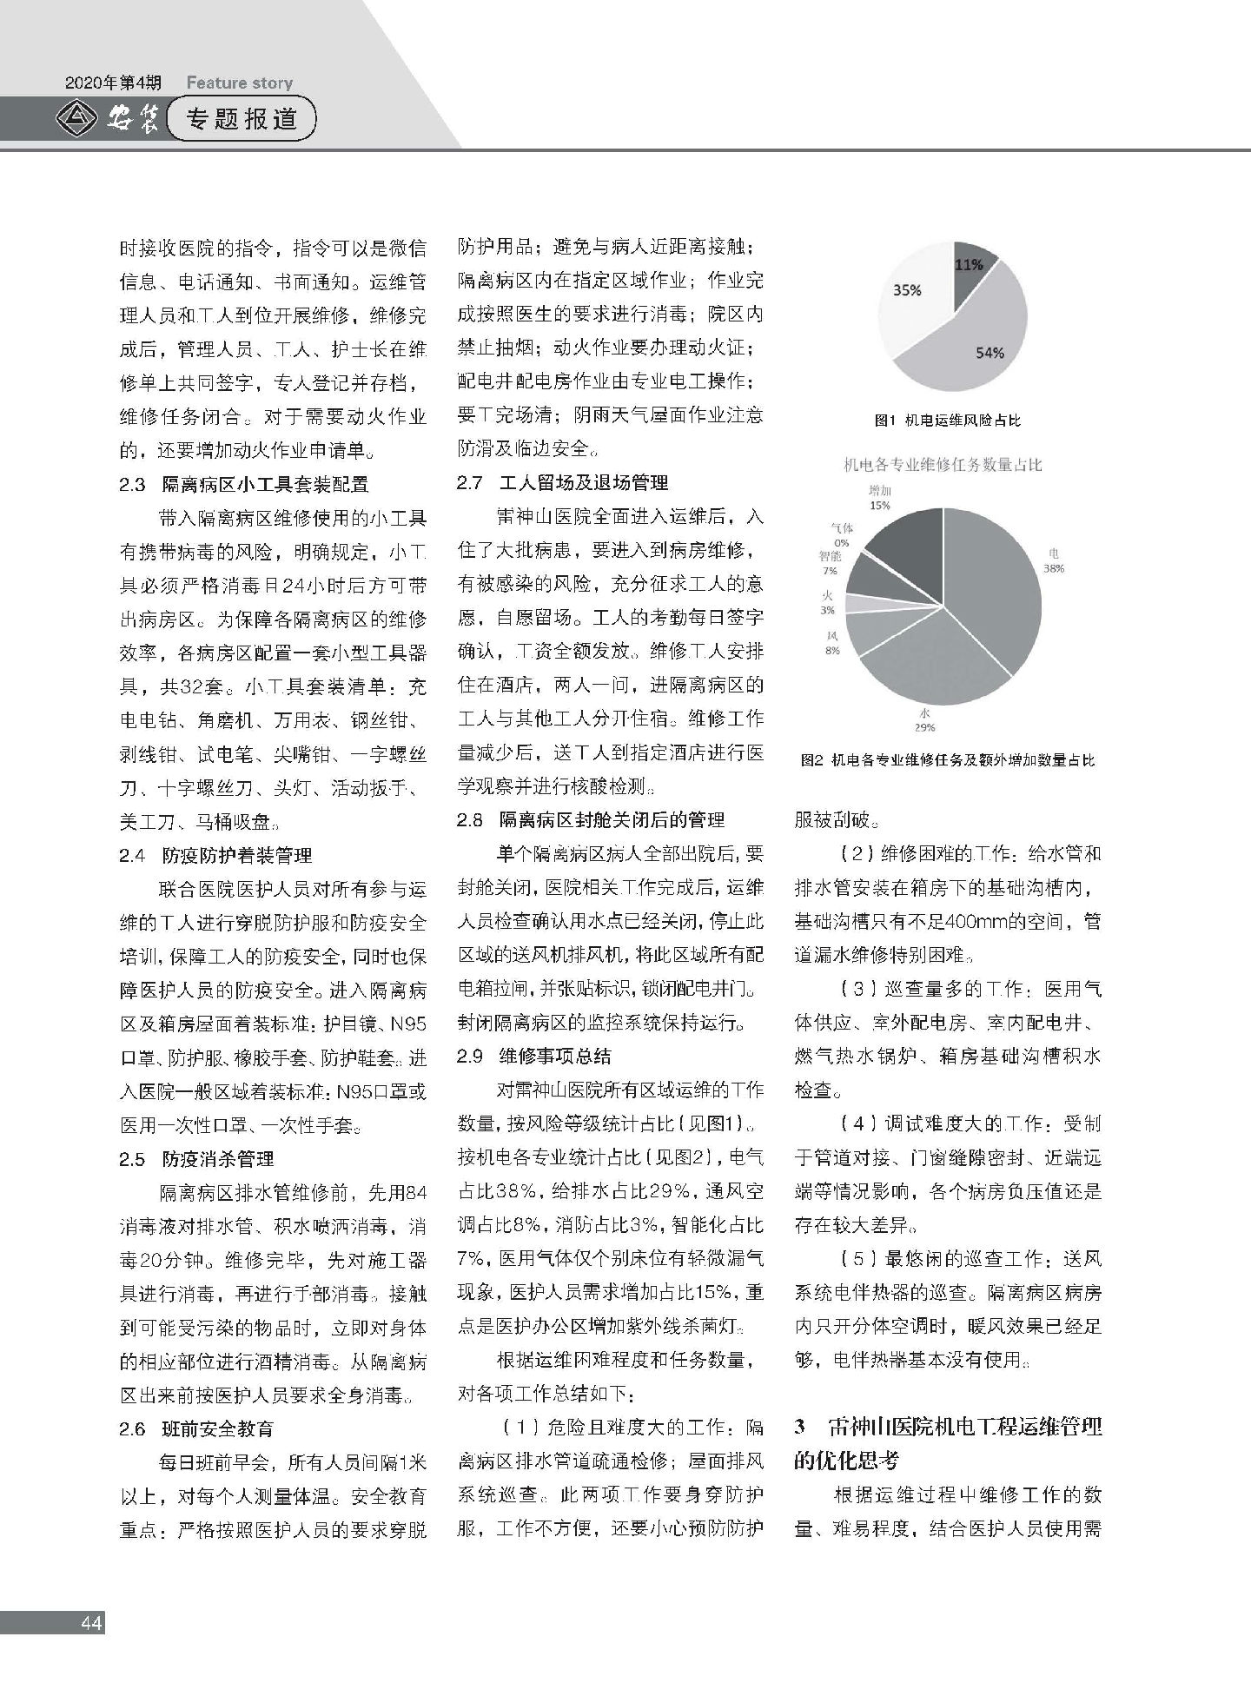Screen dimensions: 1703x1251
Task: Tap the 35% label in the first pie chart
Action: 907,291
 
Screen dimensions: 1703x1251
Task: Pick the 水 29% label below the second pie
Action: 923,720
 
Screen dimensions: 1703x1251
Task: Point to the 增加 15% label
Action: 879,498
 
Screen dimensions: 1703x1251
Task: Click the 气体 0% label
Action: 842,534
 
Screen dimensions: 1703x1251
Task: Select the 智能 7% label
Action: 830,562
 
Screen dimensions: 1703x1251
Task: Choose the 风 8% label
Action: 831,643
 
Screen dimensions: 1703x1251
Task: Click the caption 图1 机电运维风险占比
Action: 948,421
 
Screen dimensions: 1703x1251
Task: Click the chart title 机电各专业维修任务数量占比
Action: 943,465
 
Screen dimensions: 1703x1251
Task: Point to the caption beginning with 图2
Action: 948,760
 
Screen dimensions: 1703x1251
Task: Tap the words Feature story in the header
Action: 239,83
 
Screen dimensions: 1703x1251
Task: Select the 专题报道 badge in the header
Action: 242,120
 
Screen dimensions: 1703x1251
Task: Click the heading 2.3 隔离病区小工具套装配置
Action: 244,483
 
